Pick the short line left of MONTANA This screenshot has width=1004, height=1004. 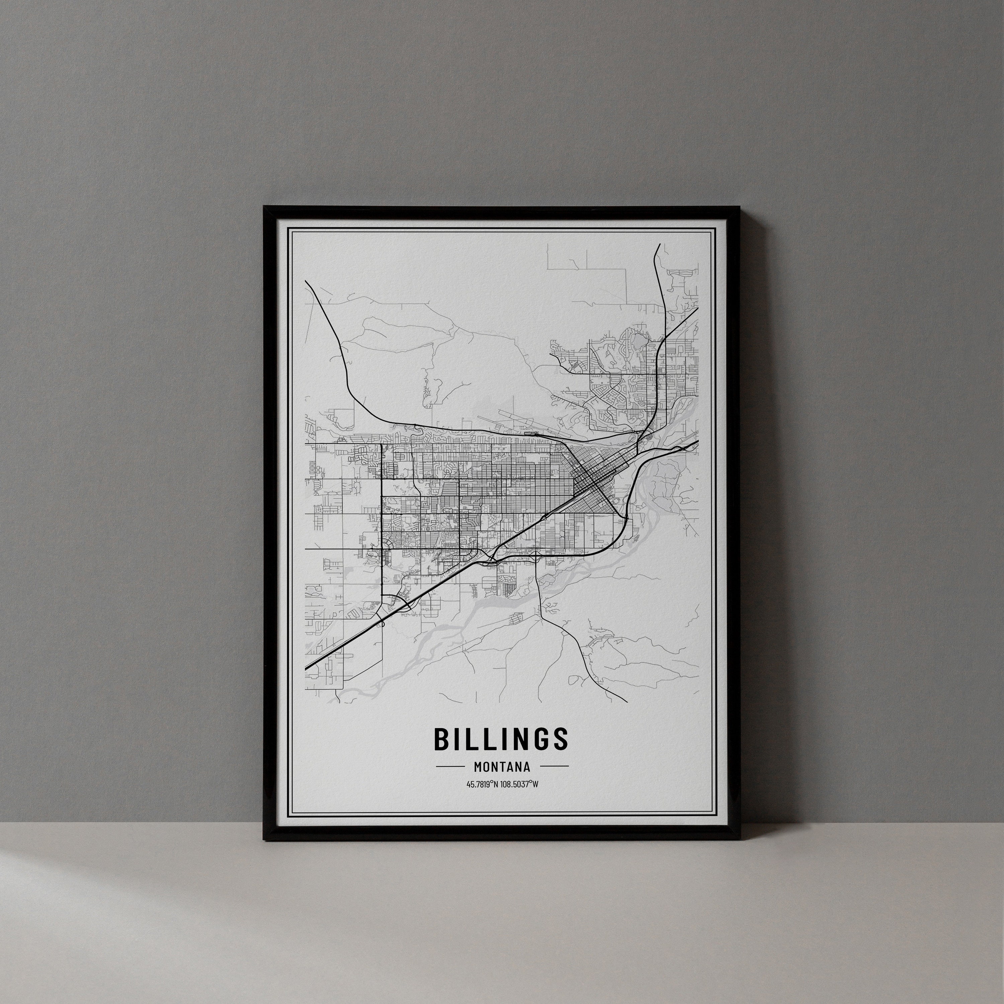[x=450, y=766]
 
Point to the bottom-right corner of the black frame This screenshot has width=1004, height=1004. [x=740, y=840]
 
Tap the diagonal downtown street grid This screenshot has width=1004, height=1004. [x=592, y=481]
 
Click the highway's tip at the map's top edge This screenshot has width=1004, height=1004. [x=659, y=244]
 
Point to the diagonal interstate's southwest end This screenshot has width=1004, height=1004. [x=306, y=668]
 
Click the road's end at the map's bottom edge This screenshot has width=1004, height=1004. [x=627, y=701]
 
